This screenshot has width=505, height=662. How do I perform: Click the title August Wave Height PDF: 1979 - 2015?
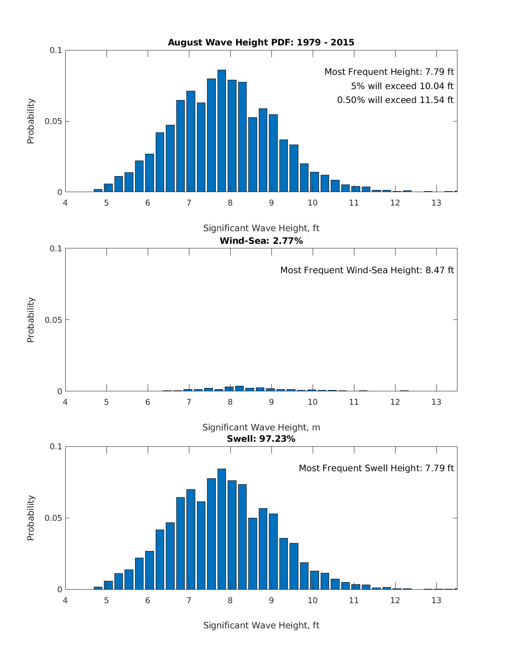[261, 42]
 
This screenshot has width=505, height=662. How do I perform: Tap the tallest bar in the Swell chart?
[222, 529]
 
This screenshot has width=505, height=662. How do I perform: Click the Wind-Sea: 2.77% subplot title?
[261, 241]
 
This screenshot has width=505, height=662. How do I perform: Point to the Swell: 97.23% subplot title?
[261, 439]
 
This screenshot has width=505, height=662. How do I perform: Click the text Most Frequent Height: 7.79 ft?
[389, 72]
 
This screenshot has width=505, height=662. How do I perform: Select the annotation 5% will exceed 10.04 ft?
[402, 86]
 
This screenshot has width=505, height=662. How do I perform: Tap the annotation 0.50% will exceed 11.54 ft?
[395, 100]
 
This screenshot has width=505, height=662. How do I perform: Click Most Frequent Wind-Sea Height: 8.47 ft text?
[367, 270]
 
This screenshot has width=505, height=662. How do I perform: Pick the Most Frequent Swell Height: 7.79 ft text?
[376, 468]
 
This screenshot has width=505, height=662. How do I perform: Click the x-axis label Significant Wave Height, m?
[261, 427]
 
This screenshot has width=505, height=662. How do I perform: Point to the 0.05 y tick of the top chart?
[53, 121]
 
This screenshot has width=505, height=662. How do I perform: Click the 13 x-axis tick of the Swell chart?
[436, 601]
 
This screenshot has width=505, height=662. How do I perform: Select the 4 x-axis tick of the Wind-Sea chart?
[65, 402]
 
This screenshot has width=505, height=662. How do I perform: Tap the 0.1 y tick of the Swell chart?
[56, 447]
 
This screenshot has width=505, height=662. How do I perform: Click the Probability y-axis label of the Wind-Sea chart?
[31, 320]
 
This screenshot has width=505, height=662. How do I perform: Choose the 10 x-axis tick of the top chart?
[313, 203]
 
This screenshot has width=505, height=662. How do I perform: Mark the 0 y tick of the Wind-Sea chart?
[59, 391]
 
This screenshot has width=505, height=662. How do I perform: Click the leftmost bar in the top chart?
[98, 191]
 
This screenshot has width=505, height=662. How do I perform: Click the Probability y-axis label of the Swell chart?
[31, 518]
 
